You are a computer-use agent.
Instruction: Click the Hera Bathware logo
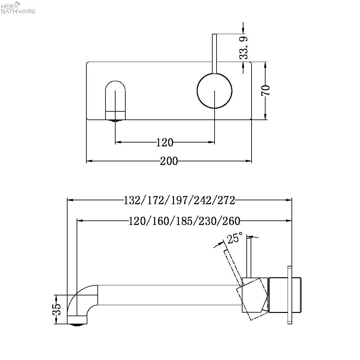tap(19, 7)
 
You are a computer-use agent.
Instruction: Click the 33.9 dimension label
tap(244, 47)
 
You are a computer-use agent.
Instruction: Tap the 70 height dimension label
tap(266, 90)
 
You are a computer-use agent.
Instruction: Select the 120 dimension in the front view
tap(165, 142)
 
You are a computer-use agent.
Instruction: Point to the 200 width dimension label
tap(169, 161)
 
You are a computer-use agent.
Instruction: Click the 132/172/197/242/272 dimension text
tap(179, 200)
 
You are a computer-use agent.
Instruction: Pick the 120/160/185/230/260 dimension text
tap(184, 221)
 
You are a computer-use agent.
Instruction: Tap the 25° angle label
tap(234, 238)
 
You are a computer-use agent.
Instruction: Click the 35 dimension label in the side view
tap(56, 309)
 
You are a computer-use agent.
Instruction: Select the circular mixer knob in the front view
tap(215, 91)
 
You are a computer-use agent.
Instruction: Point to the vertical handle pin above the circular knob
tap(214, 54)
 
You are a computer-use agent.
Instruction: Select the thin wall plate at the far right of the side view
tap(289, 295)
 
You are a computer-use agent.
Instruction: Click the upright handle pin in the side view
tap(249, 256)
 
